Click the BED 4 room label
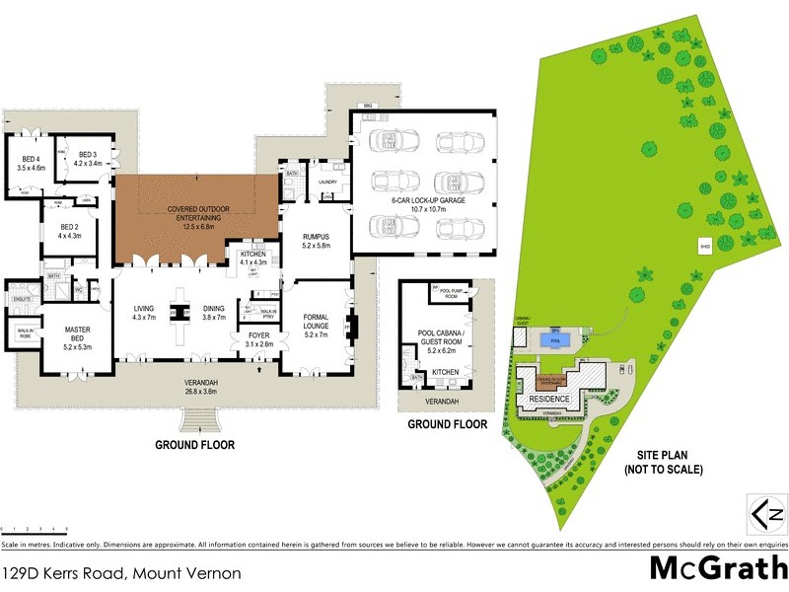tap(32, 164)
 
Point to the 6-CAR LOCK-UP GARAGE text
tap(420, 205)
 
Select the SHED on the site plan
tap(705, 247)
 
